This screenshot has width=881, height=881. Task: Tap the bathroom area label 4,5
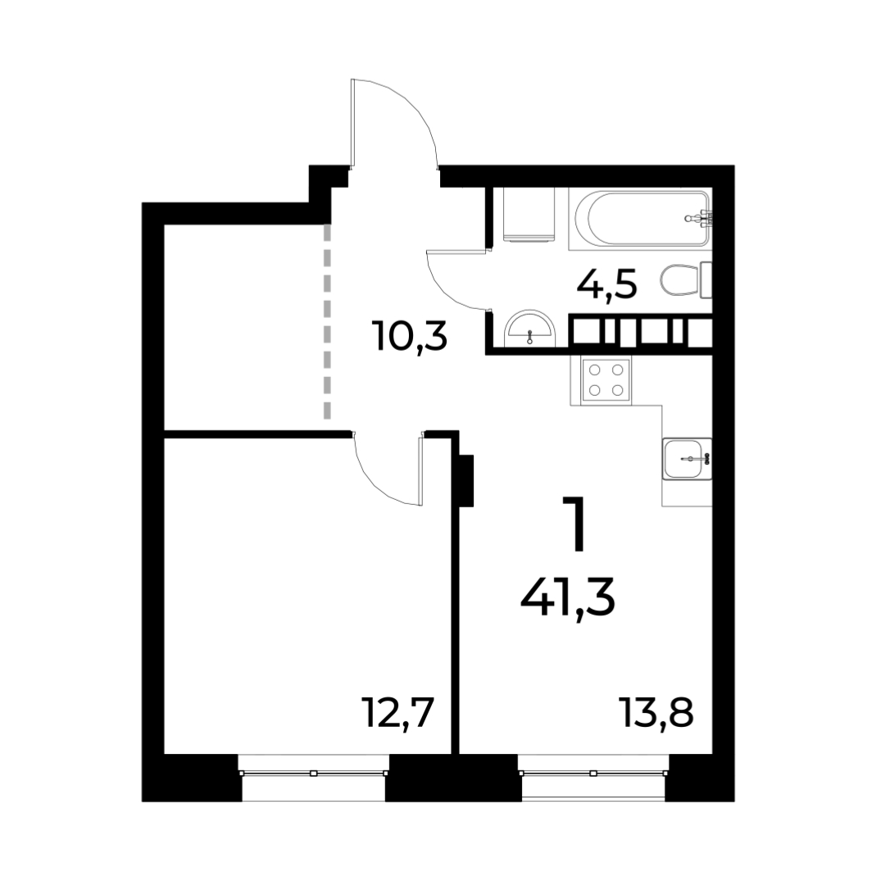606,285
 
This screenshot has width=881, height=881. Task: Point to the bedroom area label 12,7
399,712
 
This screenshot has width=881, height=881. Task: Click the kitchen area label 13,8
656,712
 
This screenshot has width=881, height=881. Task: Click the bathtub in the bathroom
640,218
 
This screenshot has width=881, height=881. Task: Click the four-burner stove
605,379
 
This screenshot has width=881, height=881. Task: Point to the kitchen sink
687,459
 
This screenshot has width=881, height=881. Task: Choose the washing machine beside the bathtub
528,215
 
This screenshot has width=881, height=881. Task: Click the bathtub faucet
701,218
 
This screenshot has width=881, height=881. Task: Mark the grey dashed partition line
328,321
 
